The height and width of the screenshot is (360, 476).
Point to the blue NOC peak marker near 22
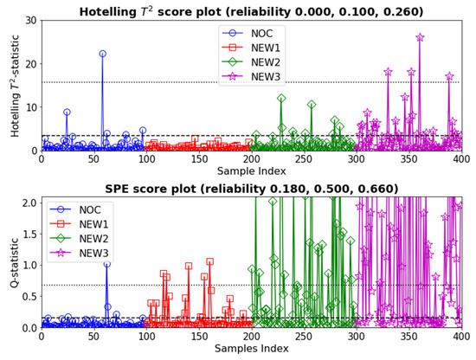102,54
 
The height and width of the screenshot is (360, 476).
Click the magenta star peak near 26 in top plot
420,37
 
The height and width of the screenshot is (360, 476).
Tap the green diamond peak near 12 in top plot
281,98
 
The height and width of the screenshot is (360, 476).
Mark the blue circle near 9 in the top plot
67,112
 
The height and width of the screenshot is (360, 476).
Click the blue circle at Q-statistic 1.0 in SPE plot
106,264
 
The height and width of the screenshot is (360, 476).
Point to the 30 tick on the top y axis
29,20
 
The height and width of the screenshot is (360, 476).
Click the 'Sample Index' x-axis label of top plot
251,173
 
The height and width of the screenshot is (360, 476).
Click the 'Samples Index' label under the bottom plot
251,350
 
